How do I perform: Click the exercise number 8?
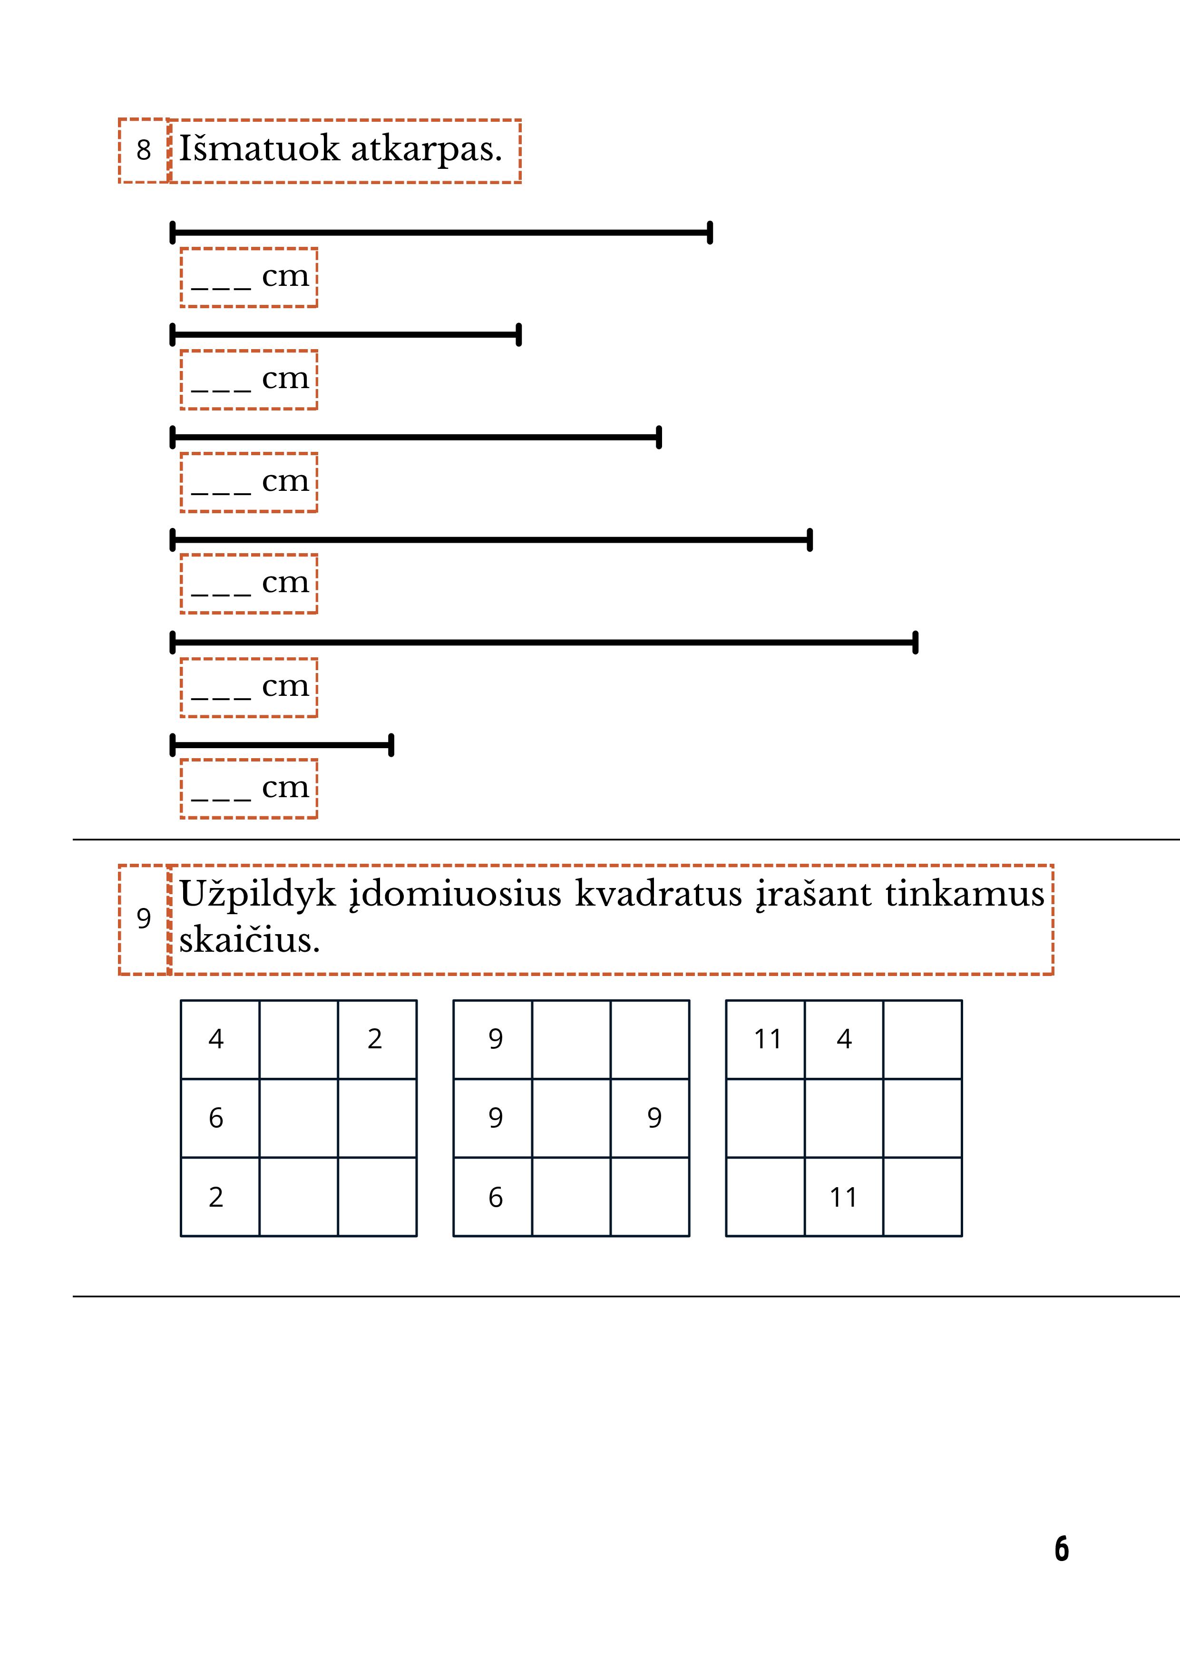click(143, 150)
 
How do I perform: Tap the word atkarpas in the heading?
click(426, 149)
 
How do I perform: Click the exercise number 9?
click(143, 919)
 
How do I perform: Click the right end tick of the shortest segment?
click(391, 745)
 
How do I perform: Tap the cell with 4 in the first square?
click(216, 1039)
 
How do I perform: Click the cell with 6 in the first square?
click(216, 1118)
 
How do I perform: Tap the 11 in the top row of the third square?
click(767, 1039)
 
